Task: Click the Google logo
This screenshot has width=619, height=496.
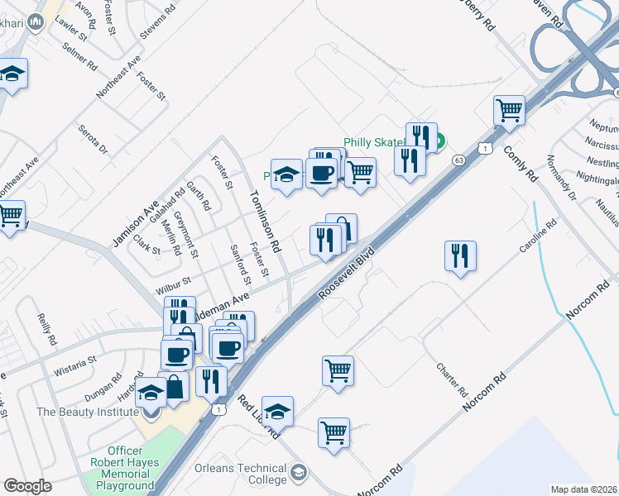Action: coord(27,485)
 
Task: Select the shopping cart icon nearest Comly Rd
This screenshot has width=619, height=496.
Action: coord(510,111)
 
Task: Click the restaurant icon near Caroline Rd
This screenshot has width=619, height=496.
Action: coord(461,255)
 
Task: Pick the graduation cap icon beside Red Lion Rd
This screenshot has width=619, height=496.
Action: coord(278,411)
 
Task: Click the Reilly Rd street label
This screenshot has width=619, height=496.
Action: coord(47,328)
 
